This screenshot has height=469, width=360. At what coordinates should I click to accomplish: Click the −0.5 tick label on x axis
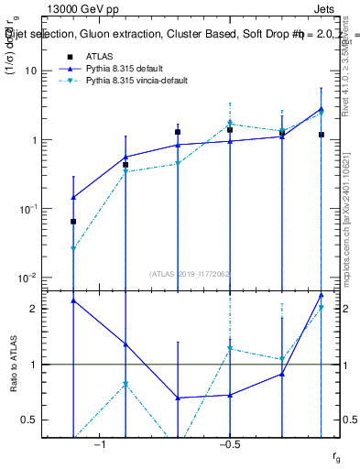(229, 444)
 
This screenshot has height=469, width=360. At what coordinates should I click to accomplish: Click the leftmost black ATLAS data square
(73, 222)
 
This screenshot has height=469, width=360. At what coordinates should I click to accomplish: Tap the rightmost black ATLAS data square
(322, 135)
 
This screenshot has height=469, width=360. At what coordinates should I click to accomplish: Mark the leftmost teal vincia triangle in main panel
(73, 248)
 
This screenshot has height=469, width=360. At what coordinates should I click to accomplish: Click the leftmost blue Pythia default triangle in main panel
(73, 197)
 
